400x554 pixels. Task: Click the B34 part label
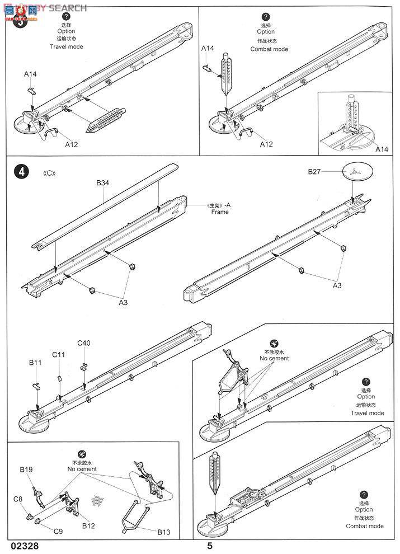pos(102,182)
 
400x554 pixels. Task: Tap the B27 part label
pos(315,172)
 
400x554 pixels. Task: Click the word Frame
pos(220,212)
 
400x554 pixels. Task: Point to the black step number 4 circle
pos(21,172)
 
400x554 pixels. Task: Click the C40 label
pos(84,343)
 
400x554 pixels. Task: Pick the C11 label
pos(59,354)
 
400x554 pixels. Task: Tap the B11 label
pos(36,363)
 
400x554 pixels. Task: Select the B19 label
pos(27,470)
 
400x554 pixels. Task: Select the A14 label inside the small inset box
pos(382,149)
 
